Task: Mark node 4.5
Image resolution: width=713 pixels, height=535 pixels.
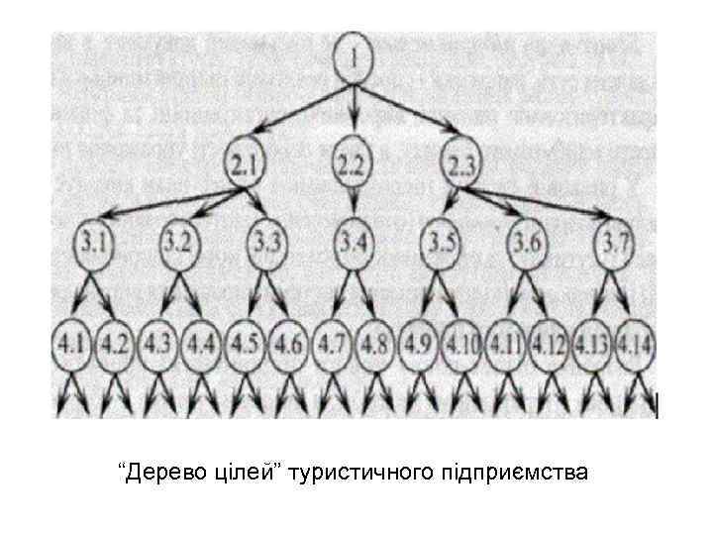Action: pyautogui.click(x=248, y=349)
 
